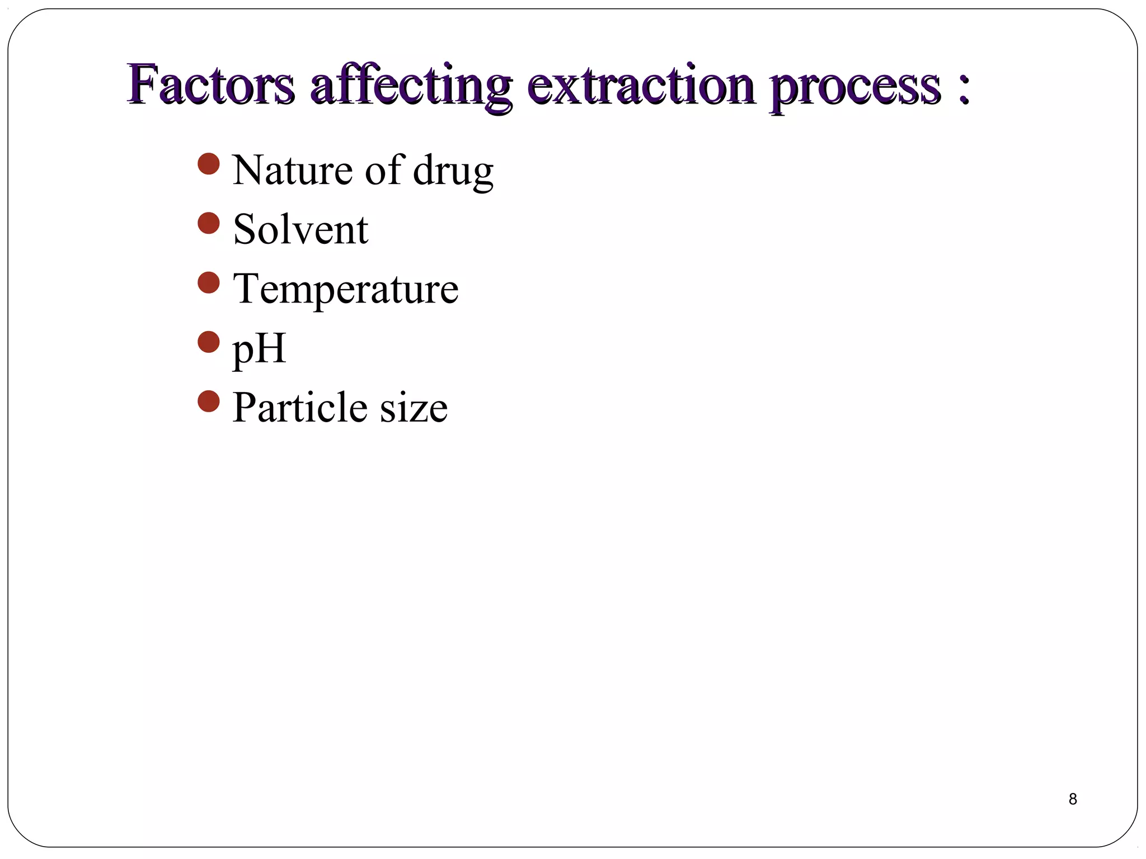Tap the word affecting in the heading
(x=411, y=87)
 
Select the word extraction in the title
(x=641, y=86)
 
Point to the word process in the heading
(x=856, y=88)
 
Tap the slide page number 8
(x=1073, y=799)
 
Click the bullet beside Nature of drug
(x=209, y=164)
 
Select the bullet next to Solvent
(x=209, y=223)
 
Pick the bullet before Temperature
(x=209, y=282)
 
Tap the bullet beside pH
(x=209, y=342)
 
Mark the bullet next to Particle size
(x=209, y=401)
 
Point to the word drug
(x=453, y=172)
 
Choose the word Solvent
(x=300, y=229)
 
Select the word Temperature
(x=345, y=289)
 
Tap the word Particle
(x=299, y=407)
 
